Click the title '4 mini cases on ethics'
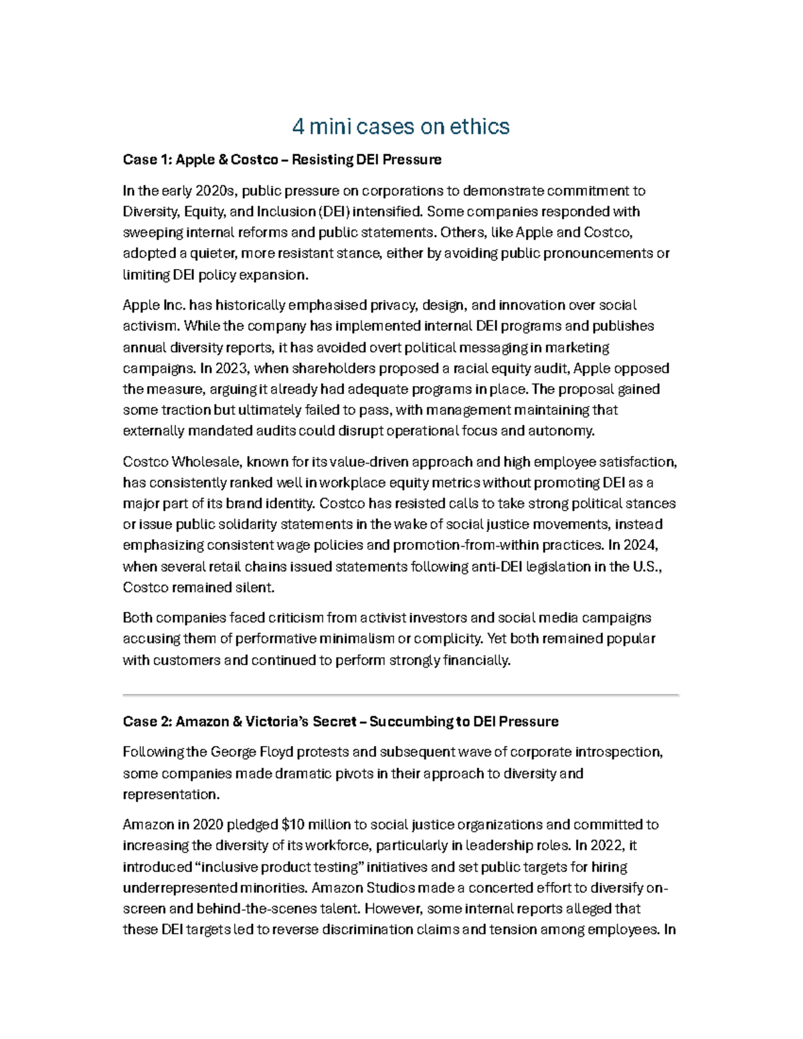tap(401, 126)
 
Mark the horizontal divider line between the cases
tap(401, 695)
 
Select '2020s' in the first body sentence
tap(215, 191)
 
